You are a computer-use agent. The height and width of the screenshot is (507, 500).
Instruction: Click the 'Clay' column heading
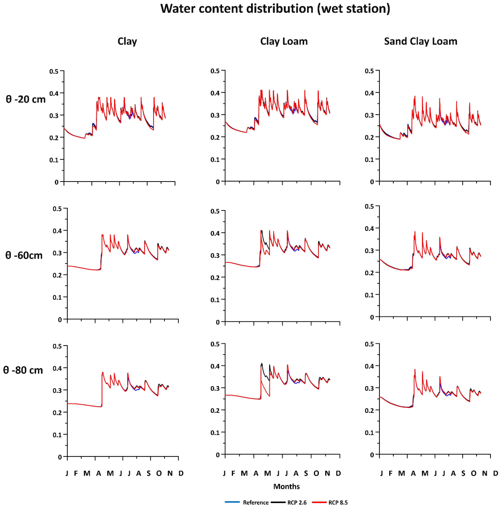pos(127,41)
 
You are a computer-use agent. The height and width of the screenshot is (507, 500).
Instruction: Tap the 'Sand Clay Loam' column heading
pos(420,41)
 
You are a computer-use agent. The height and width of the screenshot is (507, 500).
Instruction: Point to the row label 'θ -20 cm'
pos(25,99)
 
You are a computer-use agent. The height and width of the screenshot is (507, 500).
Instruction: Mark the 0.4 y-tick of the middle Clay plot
pos(57,231)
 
